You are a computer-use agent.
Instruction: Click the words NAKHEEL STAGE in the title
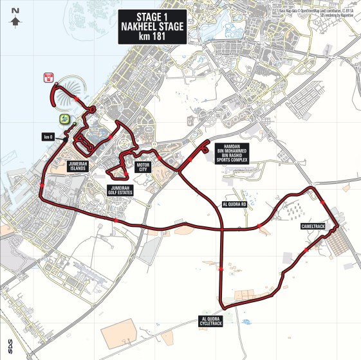(153, 27)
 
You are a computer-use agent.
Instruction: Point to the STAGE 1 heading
(153, 16)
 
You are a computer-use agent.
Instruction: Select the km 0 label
(46, 136)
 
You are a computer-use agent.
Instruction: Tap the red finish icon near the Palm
(48, 78)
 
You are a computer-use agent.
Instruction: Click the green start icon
(64, 119)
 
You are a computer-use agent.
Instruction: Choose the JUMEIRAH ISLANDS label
(82, 166)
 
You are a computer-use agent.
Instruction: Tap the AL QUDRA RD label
(234, 204)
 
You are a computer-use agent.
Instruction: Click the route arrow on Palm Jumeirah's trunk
(79, 98)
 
